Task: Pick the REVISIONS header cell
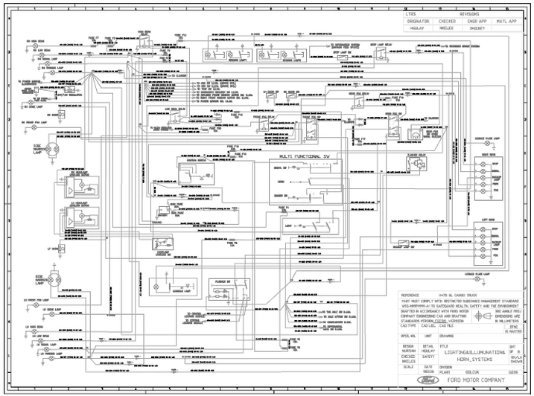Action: click(x=469, y=14)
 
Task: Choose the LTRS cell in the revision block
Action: click(x=411, y=14)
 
